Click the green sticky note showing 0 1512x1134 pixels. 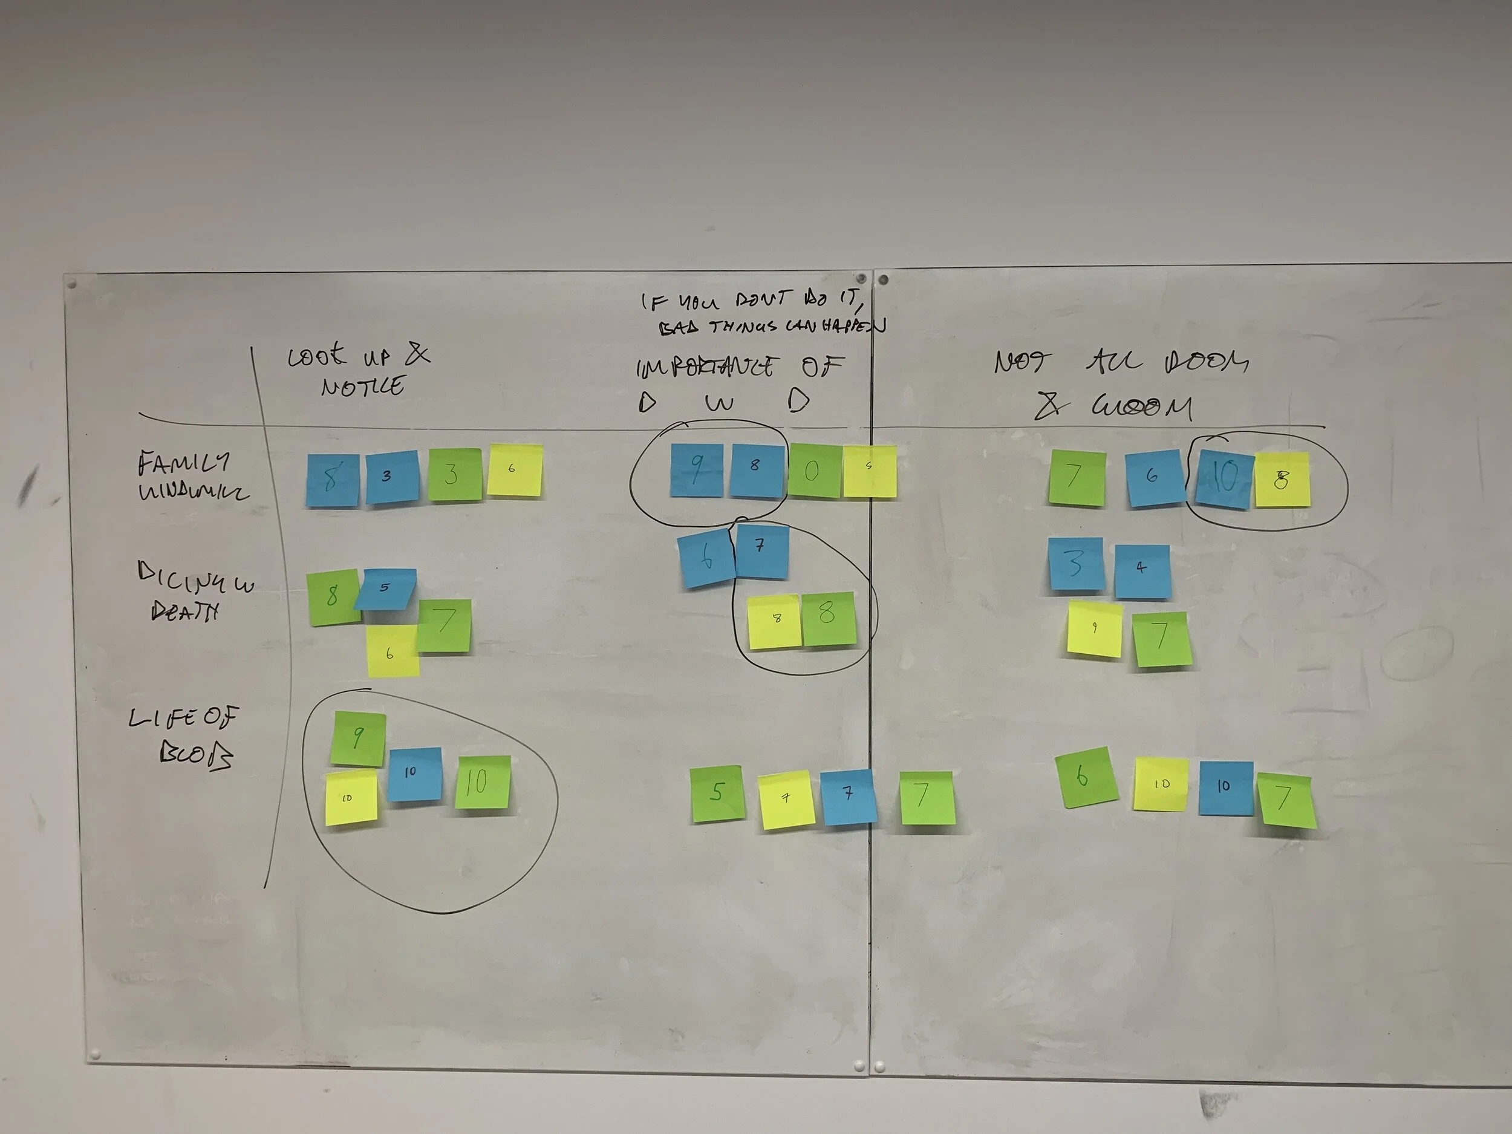(813, 471)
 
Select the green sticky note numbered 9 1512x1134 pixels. (357, 738)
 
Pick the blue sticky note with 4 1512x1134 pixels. (1141, 570)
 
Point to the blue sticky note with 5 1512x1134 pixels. (385, 588)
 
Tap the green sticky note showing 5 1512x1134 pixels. (715, 793)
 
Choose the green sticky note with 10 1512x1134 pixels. (483, 782)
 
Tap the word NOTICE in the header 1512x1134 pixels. (362, 387)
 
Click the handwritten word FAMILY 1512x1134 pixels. (183, 463)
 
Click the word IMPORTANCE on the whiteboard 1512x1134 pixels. (705, 368)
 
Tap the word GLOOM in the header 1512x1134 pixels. (1141, 408)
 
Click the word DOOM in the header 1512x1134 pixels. (1207, 362)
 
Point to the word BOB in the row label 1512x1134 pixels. (195, 755)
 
